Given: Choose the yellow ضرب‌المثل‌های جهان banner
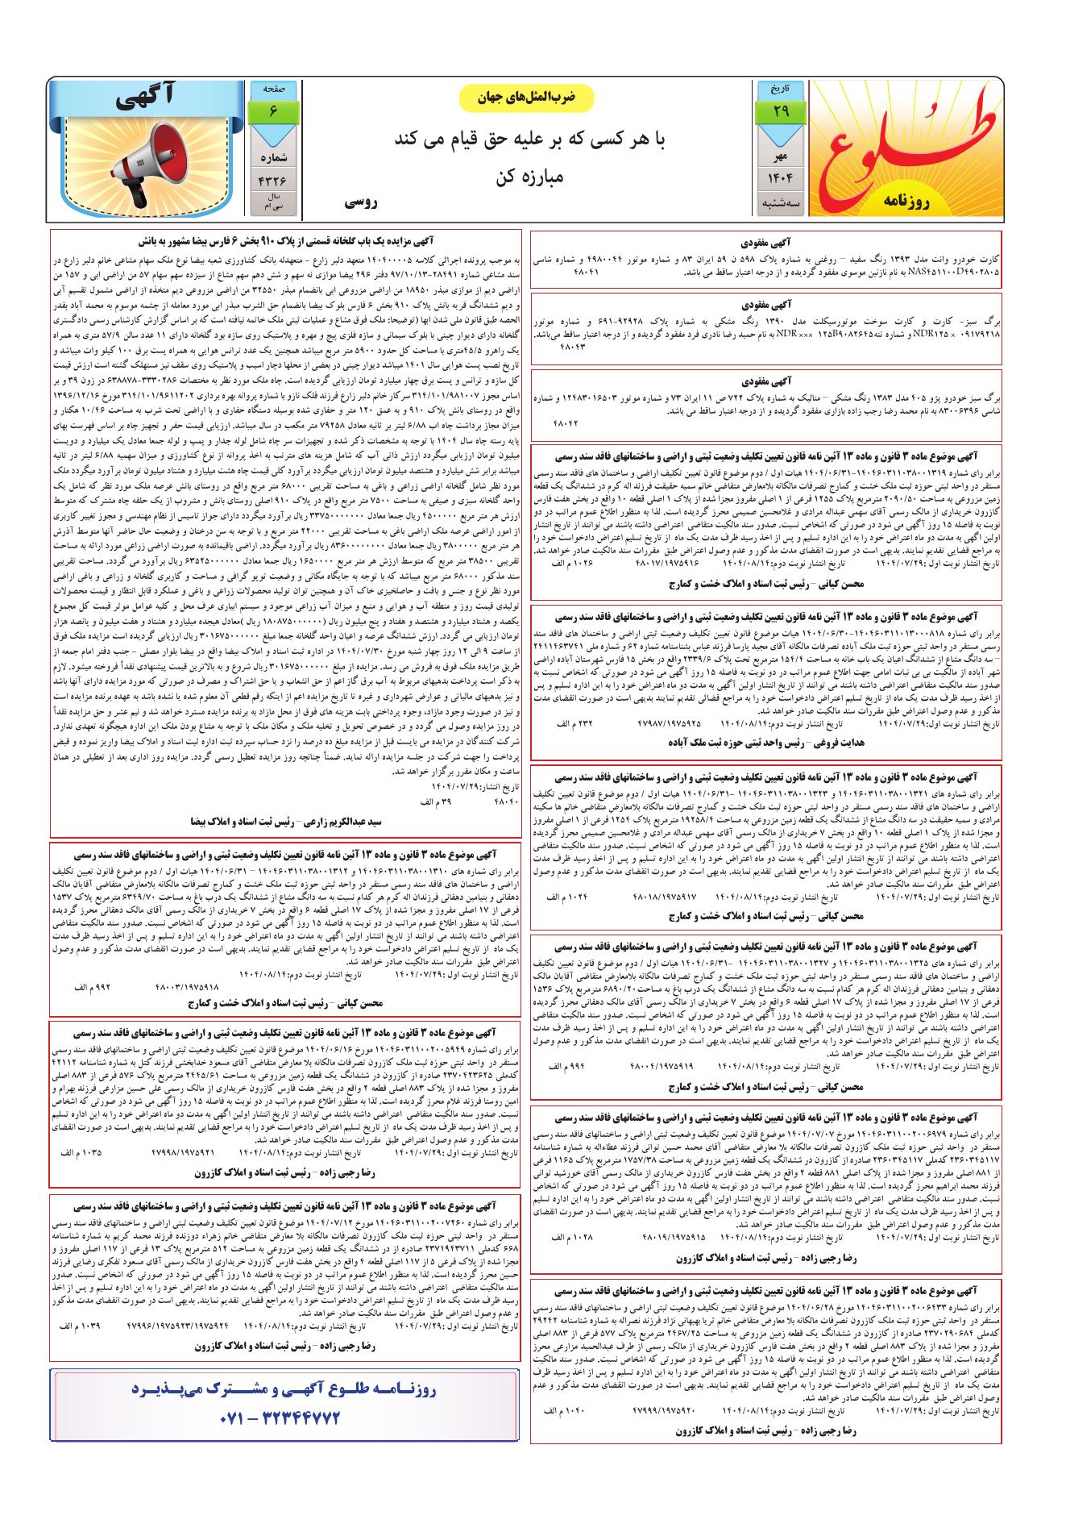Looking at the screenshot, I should coord(526,97).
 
